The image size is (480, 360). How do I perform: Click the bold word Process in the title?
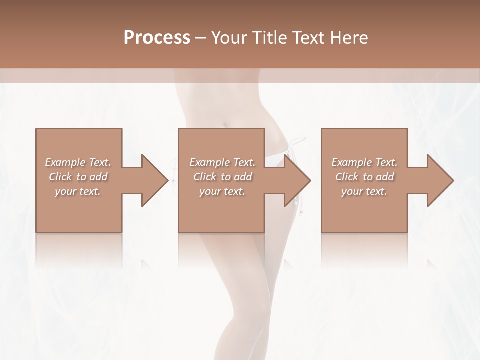click(157, 37)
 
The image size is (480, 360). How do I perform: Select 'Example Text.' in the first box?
click(78, 162)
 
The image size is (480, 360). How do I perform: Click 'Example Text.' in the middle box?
click(222, 162)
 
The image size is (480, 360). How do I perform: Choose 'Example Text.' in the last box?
click(364, 162)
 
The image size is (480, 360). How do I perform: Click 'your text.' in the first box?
click(78, 191)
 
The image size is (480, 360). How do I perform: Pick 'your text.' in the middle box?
click(222, 191)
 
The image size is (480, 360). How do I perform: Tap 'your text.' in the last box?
click(364, 191)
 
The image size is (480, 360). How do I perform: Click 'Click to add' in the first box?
click(78, 177)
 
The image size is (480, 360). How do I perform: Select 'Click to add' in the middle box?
click(222, 177)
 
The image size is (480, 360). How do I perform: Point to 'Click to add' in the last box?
click(364, 177)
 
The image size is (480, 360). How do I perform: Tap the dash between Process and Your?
click(201, 38)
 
